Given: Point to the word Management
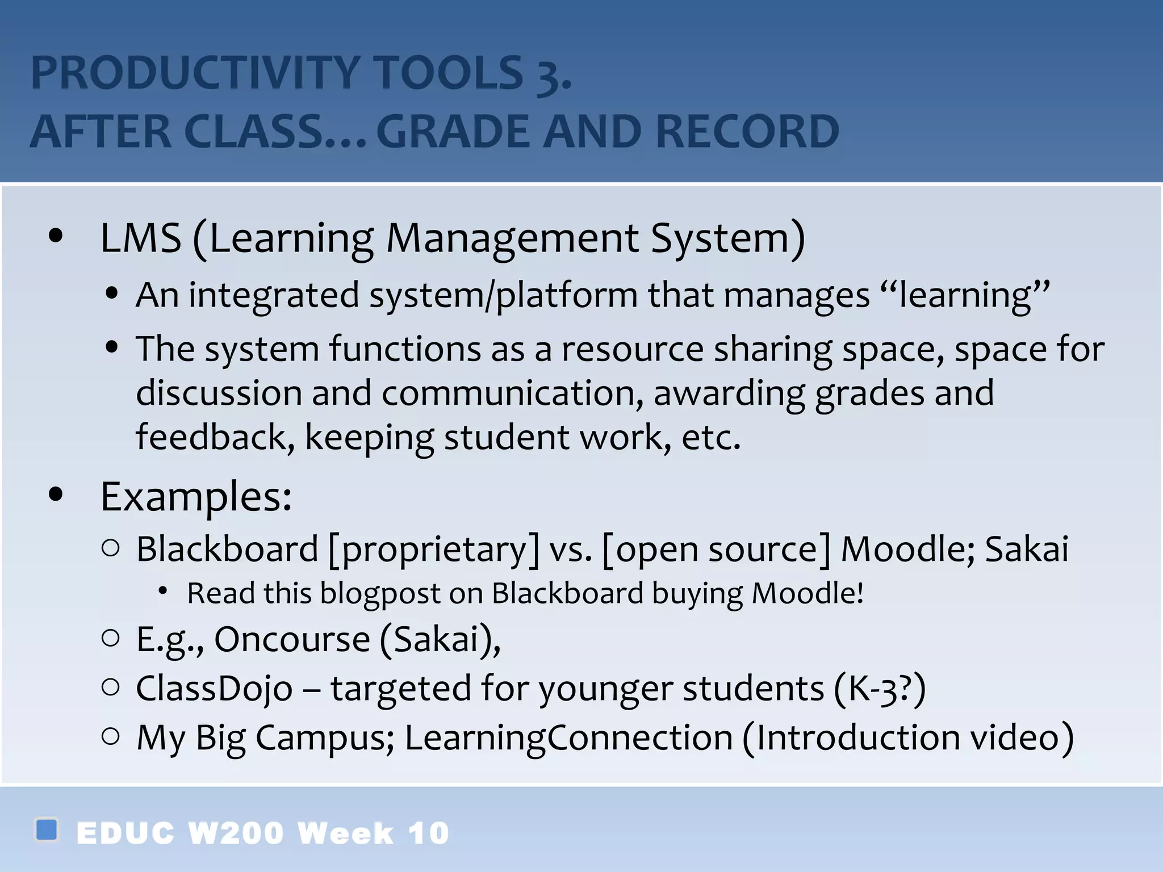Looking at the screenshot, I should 512,238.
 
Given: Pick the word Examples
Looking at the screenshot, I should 196,497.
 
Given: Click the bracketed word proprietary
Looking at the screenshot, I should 434,550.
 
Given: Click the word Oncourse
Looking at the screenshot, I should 292,639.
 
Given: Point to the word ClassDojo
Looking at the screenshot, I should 214,689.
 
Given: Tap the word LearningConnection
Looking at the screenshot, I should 568,737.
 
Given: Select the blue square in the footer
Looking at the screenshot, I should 47,829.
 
